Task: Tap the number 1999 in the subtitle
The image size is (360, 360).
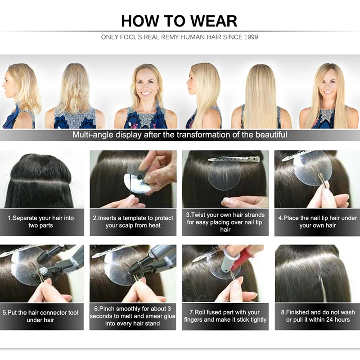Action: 251,37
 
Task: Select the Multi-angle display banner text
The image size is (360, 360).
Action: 180,135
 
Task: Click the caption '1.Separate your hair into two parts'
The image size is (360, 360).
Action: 41,221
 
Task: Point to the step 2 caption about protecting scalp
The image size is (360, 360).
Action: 133,221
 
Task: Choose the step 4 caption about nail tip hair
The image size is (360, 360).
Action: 318,221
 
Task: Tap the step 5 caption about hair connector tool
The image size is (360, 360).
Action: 40,316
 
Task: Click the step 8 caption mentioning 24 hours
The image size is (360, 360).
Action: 318,316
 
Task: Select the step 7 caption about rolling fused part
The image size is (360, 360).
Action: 225,316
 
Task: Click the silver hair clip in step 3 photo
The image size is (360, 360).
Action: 234,159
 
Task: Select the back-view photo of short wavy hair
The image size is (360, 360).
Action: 75,96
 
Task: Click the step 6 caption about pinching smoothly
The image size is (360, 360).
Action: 133,316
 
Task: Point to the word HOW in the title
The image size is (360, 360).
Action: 140,21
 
